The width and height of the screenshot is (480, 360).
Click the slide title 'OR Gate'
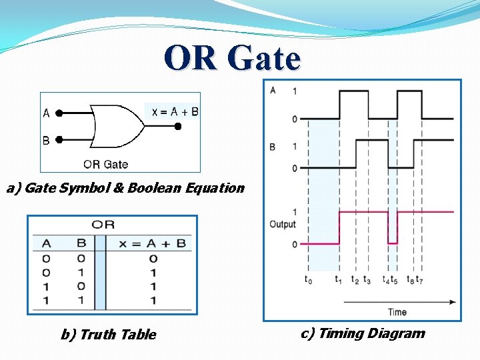[232, 58]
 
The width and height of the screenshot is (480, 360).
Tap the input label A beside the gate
[46, 113]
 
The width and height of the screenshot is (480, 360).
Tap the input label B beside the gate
[46, 141]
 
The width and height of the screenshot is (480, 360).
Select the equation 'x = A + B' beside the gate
[175, 112]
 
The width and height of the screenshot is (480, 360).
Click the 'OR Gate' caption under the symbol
[105, 164]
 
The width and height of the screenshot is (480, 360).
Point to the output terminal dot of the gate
[177, 125]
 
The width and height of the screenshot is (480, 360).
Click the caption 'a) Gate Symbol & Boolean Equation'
[125, 188]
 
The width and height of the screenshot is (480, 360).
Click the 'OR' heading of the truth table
[103, 225]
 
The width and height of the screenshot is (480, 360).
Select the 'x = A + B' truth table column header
[153, 243]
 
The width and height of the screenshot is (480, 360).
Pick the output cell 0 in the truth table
[153, 258]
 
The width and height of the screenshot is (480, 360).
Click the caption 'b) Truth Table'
[108, 335]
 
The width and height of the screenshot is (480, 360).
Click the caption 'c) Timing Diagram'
[363, 333]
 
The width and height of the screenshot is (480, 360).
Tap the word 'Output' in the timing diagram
[282, 224]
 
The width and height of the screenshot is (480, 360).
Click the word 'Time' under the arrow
[397, 311]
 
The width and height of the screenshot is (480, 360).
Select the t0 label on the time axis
[307, 280]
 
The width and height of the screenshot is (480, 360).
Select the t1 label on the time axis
[339, 280]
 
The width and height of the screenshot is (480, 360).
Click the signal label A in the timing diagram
[273, 90]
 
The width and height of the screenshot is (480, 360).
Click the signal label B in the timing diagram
[272, 146]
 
